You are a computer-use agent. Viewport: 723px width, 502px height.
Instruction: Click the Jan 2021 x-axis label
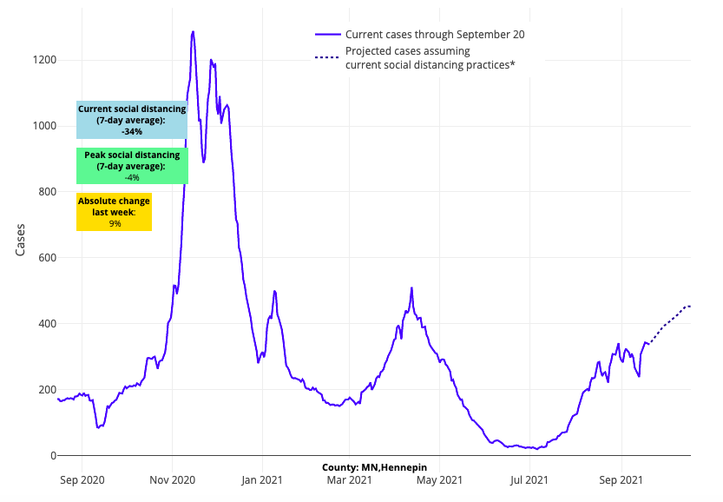pyautogui.click(x=261, y=478)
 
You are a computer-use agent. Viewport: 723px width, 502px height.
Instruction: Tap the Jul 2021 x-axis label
pyautogui.click(x=529, y=478)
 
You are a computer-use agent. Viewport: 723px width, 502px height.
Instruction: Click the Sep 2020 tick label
pyautogui.click(x=82, y=478)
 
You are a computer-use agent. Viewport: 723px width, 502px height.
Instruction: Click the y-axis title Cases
pyautogui.click(x=20, y=240)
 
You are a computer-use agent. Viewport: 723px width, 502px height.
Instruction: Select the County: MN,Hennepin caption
pyautogui.click(x=374, y=467)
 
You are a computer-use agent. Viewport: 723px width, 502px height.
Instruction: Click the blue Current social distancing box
pyautogui.click(x=132, y=120)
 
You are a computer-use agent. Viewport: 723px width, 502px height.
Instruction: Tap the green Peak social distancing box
pyautogui.click(x=132, y=166)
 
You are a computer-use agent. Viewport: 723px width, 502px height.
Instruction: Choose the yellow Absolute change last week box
pyautogui.click(x=114, y=212)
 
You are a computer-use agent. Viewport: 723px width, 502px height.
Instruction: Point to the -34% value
pyautogui.click(x=132, y=132)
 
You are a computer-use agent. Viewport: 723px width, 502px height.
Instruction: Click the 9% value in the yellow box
pyautogui.click(x=115, y=223)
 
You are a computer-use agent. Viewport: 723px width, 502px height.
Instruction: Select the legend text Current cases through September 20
pyautogui.click(x=435, y=35)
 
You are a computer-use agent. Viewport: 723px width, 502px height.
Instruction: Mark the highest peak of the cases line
pyautogui.click(x=193, y=31)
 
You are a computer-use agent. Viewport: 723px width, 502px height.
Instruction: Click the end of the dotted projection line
pyautogui.click(x=690, y=306)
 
